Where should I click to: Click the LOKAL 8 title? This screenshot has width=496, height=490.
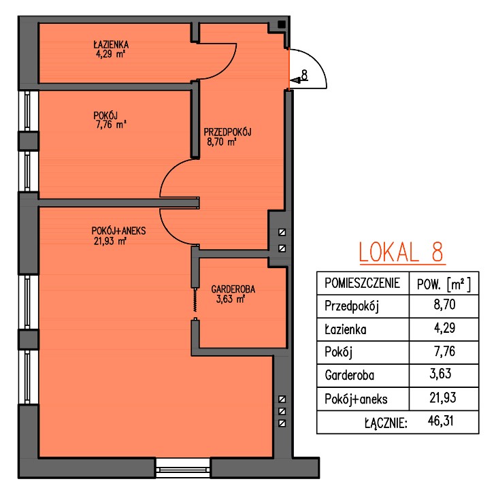[x=402, y=252]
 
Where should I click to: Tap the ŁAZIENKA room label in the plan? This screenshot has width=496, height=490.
[x=111, y=44]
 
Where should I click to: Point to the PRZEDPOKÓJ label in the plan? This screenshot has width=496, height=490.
[x=227, y=131]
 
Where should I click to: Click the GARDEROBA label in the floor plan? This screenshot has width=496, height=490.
[x=233, y=289]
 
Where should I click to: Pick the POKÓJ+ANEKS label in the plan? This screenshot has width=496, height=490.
[x=118, y=231]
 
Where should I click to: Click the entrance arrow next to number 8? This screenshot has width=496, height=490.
[x=295, y=81]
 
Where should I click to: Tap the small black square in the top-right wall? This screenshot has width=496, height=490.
[x=281, y=24]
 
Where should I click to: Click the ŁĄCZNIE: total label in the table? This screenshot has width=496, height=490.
[x=386, y=423]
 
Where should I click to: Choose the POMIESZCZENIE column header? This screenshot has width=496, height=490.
[x=363, y=283]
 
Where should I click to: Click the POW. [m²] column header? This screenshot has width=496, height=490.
[x=444, y=284]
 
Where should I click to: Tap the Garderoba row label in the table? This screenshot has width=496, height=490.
[x=349, y=375]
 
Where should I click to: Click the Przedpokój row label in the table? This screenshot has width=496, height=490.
[x=352, y=306]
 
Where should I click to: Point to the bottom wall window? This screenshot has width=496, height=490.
[x=183, y=468]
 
